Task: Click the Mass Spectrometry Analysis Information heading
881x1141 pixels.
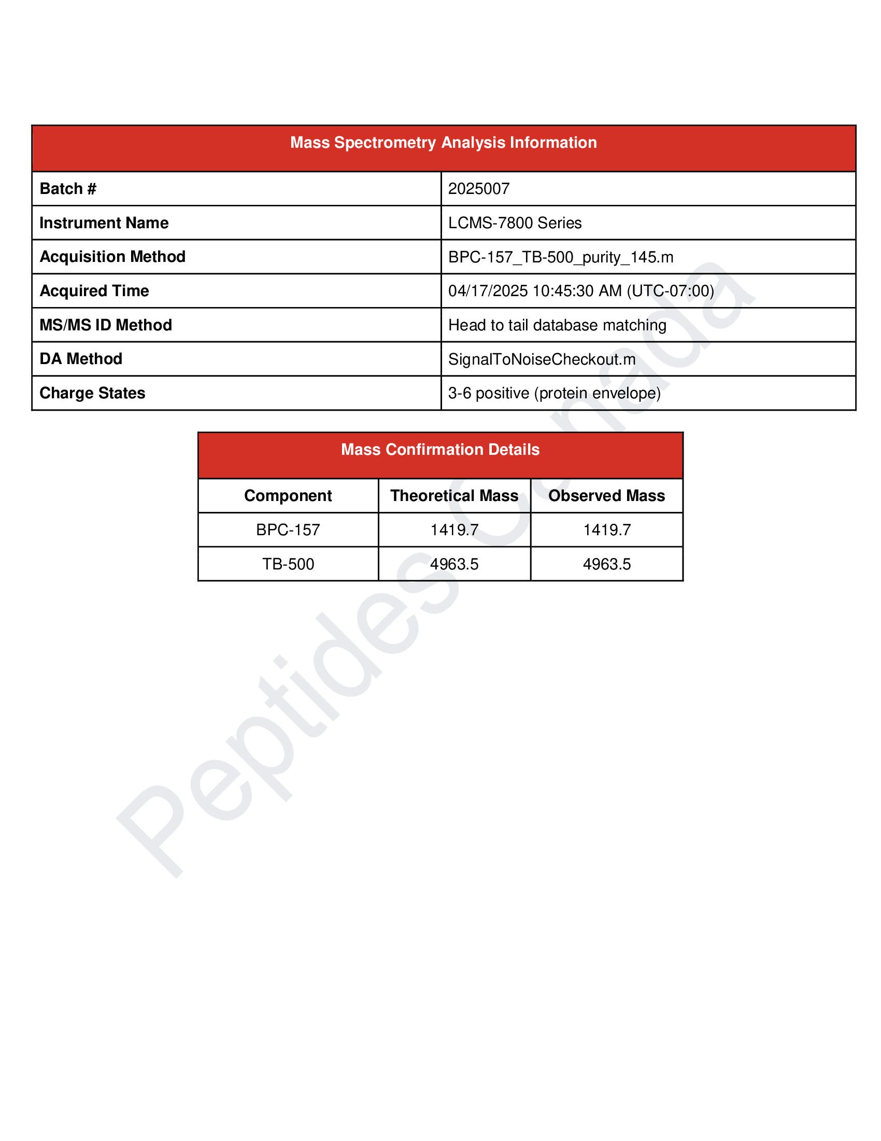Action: (x=443, y=143)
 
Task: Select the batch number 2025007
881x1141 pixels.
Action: (x=479, y=189)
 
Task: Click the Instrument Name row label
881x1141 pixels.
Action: (x=104, y=223)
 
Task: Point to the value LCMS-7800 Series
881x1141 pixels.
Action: (x=515, y=223)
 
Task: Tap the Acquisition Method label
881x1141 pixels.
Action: (x=112, y=257)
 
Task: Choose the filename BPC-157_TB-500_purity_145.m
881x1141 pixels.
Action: (x=561, y=257)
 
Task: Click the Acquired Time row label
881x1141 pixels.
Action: (x=94, y=291)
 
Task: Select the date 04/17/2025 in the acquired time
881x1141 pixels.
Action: (x=488, y=291)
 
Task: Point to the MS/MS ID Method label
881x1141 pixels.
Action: (x=105, y=325)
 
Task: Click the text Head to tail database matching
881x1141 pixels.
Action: (x=557, y=325)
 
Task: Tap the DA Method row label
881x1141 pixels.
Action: (x=81, y=359)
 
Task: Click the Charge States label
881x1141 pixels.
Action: (x=92, y=393)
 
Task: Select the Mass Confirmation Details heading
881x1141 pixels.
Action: (x=440, y=450)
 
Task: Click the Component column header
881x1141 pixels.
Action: (x=288, y=496)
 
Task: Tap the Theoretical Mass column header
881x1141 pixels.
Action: (x=454, y=496)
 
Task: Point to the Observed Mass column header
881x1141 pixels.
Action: (x=606, y=496)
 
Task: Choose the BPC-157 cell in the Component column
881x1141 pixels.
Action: (x=288, y=530)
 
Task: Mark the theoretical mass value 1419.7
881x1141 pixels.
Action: (x=454, y=530)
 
